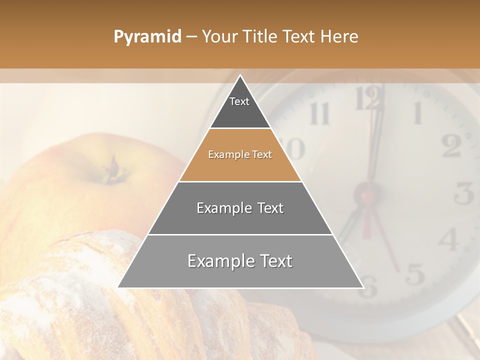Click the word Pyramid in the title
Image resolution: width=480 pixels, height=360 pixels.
point(147,37)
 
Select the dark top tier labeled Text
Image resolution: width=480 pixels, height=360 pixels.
point(239,107)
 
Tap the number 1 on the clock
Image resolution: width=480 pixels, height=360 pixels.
point(416,113)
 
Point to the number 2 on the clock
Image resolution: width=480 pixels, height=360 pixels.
point(451,145)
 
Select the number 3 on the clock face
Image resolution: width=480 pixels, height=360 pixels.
point(464,193)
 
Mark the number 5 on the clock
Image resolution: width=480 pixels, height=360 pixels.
point(414,273)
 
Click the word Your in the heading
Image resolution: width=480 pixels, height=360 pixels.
point(220,37)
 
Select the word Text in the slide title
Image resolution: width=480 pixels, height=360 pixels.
point(300,37)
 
